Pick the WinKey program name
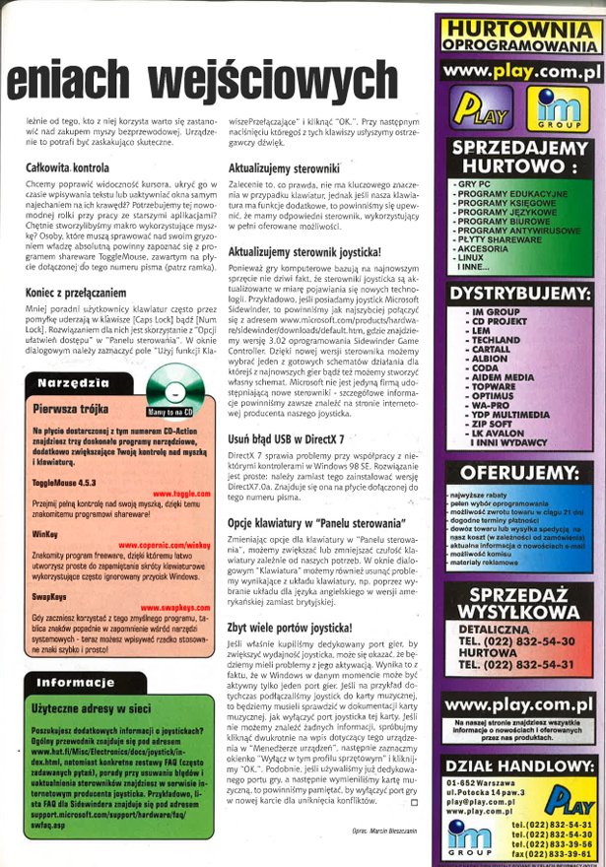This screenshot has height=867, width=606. tap(45, 530)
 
